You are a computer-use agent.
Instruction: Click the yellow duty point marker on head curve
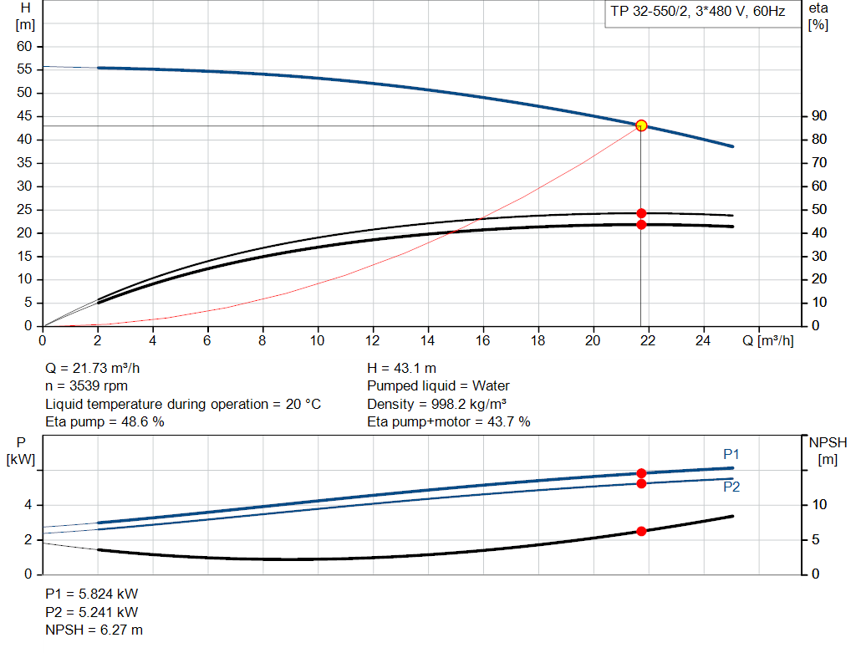click(641, 125)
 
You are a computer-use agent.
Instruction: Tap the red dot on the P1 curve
click(641, 473)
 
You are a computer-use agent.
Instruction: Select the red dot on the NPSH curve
click(641, 531)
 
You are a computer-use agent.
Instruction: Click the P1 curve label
click(731, 454)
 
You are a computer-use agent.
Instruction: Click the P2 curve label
click(731, 487)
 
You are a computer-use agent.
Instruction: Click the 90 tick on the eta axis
click(818, 116)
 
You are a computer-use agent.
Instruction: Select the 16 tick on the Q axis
click(482, 341)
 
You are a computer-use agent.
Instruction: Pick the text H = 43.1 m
click(401, 368)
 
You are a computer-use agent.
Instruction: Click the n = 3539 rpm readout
click(87, 386)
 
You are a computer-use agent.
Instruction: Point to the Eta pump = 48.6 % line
click(104, 422)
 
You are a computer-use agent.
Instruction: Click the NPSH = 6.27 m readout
click(94, 630)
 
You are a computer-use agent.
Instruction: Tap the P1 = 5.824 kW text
click(91, 594)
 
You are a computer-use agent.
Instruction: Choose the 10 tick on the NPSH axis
click(821, 505)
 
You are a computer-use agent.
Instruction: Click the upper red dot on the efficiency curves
click(641, 213)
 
